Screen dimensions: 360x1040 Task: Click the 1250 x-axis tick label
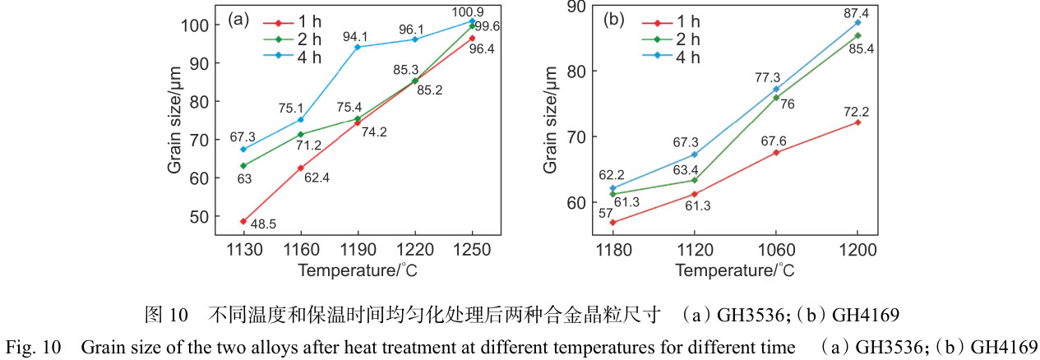coord(472,251)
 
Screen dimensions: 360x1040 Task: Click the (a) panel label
coord(238,19)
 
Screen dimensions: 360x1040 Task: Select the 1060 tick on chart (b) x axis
coord(775,251)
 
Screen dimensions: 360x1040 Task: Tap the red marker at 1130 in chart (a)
coord(243,221)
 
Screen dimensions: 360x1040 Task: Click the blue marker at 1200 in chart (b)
coord(857,22)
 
